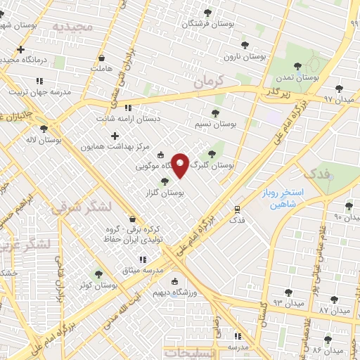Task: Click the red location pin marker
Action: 180,166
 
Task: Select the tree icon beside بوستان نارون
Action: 245,44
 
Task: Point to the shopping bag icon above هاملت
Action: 102,58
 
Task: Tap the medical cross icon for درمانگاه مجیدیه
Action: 21,50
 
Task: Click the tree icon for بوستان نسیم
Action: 215,112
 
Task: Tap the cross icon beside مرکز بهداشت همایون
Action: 115,135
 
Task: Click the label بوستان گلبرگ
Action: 216,165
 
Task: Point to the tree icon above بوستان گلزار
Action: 165,181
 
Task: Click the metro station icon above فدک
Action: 237,209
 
